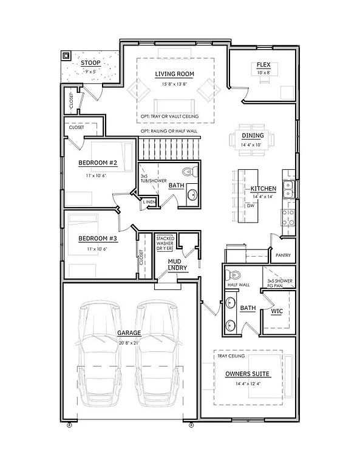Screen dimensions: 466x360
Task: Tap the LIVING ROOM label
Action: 174,74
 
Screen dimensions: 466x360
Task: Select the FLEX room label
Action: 263,65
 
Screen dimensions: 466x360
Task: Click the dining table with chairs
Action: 250,141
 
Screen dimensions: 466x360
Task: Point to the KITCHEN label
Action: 263,189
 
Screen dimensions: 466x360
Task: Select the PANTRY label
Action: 284,255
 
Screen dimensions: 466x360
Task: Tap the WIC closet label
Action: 277,311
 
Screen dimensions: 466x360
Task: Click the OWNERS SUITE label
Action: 247,373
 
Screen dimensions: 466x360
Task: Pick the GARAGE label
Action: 129,333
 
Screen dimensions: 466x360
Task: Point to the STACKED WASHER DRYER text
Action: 166,243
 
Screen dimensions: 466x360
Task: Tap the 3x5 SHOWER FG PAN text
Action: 280,283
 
